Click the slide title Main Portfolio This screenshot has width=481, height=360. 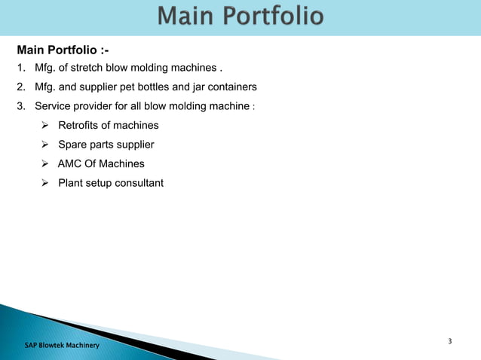pyautogui.click(x=241, y=17)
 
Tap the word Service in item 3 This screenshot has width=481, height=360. pyautogui.click(x=55, y=106)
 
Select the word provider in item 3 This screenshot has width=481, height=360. pyautogui.click(x=99, y=106)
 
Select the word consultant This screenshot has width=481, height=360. pyautogui.click(x=139, y=182)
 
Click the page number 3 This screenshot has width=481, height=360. pyautogui.click(x=450, y=342)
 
